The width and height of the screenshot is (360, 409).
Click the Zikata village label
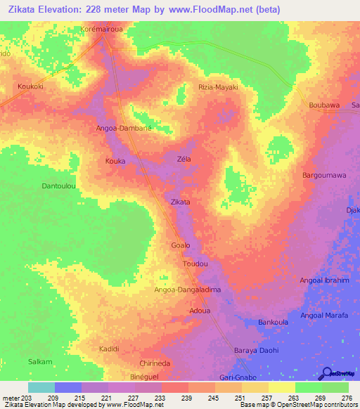[x=181, y=202]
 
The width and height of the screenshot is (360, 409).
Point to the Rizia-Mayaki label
[x=217, y=87]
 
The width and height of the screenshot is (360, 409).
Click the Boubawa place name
[x=324, y=105]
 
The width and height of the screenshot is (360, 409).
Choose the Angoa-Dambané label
[x=124, y=129]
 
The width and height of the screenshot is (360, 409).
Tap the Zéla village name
[x=184, y=160]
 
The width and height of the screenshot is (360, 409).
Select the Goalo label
[x=181, y=245]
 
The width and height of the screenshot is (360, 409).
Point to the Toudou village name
[x=195, y=264]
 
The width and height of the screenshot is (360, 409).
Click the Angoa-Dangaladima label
[x=188, y=290]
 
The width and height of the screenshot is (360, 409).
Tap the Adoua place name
[x=200, y=310]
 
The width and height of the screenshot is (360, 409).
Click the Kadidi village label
[x=109, y=349]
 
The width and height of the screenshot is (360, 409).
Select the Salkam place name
[x=40, y=361]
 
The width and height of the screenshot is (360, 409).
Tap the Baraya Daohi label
[x=256, y=350]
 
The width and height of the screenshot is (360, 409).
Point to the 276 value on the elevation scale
[x=346, y=398]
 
